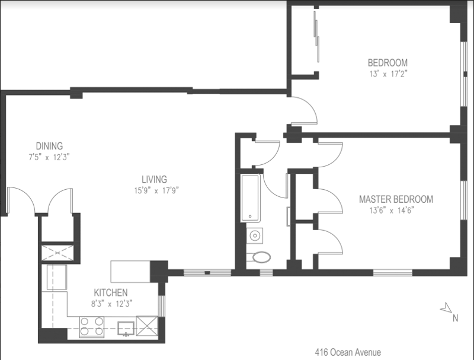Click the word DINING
click(x=49, y=146)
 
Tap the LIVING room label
click(x=154, y=179)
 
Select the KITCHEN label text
click(x=111, y=292)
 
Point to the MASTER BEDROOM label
click(x=396, y=199)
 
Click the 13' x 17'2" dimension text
click(x=389, y=74)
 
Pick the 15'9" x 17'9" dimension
click(x=156, y=190)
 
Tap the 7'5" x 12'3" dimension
click(x=49, y=157)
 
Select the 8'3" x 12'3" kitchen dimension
click(x=112, y=304)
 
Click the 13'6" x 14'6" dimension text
click(x=392, y=211)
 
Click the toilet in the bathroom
click(x=259, y=257)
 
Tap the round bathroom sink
click(x=255, y=235)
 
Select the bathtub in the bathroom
click(x=250, y=198)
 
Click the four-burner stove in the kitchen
click(x=92, y=327)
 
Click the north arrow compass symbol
click(x=446, y=307)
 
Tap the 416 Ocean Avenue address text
click(x=348, y=352)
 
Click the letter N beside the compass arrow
click(x=455, y=318)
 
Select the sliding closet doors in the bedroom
click(x=316, y=37)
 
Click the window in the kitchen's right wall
click(x=162, y=306)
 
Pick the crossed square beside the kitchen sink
click(x=147, y=326)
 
